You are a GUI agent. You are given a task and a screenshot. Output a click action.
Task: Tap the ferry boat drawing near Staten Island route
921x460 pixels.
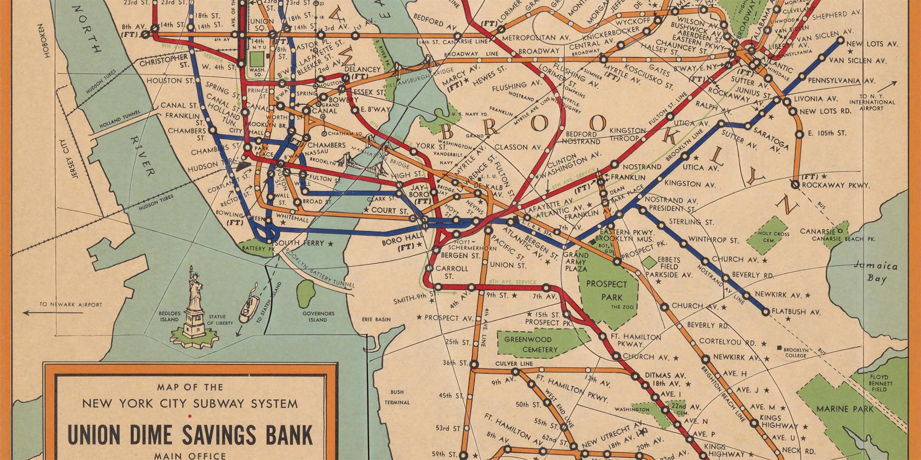(247, 307)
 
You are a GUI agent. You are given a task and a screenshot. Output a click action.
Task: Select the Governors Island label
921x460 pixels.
(318, 316)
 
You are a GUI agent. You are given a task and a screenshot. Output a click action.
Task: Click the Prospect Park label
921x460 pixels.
(606, 290)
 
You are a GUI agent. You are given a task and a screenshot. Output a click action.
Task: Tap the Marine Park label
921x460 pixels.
(845, 408)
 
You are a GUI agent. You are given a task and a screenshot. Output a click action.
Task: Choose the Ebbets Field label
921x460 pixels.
(669, 263)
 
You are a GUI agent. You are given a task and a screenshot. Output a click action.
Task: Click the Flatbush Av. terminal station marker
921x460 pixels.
(766, 312)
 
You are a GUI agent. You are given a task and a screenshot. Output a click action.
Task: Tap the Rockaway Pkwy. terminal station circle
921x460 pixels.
(795, 184)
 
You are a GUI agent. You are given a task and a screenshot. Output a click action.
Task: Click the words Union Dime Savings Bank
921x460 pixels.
(190, 434)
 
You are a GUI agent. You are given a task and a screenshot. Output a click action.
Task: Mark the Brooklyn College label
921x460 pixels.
(795, 352)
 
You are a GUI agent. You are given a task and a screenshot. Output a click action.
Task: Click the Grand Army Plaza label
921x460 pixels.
(576, 261)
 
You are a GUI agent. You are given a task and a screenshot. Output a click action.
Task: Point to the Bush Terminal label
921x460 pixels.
(397, 397)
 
